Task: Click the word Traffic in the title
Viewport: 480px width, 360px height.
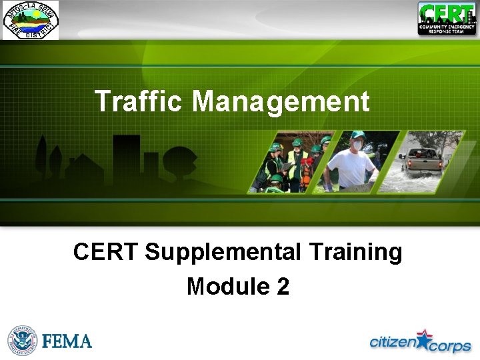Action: (x=138, y=101)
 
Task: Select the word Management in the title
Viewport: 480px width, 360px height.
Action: (x=280, y=101)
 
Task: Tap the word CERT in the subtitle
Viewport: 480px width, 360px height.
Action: (x=105, y=253)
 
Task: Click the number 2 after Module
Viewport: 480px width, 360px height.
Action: (x=282, y=286)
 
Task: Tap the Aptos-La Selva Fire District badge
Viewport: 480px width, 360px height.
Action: (x=30, y=20)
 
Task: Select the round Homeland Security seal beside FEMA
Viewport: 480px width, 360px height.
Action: (x=22, y=341)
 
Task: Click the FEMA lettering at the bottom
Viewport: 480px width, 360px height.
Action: (x=67, y=341)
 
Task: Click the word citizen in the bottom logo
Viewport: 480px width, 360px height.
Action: (x=392, y=342)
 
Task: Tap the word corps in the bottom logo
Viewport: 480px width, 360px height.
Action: (x=450, y=346)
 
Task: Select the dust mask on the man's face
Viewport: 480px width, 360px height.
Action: (x=358, y=145)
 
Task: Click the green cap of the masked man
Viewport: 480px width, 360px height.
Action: (x=358, y=134)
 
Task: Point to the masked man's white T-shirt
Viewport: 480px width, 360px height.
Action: (x=351, y=167)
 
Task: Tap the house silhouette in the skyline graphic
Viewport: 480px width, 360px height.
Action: (x=83, y=167)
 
